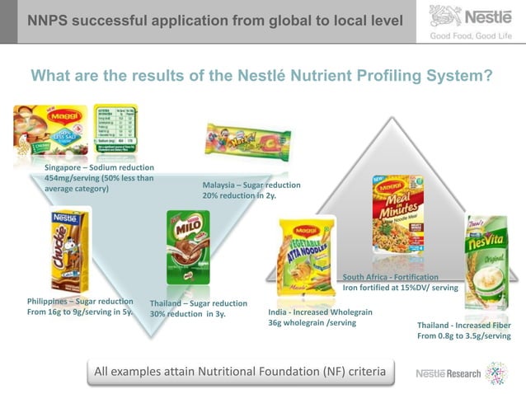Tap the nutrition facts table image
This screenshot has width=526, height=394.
(116, 131)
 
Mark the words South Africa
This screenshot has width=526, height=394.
(368, 277)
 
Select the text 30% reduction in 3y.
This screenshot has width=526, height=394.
(187, 314)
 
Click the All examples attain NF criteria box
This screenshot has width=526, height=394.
(239, 372)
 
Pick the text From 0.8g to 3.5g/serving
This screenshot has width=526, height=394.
(463, 336)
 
